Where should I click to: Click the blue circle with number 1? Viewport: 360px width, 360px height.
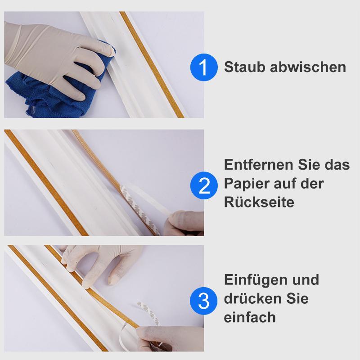pyautogui.click(x=204, y=67)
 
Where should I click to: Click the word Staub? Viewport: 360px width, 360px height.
pyautogui.click(x=244, y=67)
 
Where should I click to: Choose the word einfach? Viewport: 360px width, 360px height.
pyautogui.click(x=249, y=317)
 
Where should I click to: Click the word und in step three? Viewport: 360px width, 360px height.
pyautogui.click(x=306, y=279)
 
